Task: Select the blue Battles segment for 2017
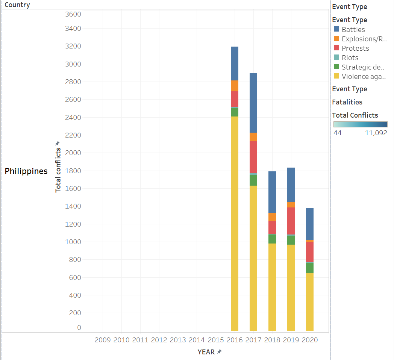point(253,103)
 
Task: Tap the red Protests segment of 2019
point(291,221)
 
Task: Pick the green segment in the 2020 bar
point(309,268)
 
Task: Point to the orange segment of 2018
point(272,217)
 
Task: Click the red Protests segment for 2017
point(253,157)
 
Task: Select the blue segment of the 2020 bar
point(309,224)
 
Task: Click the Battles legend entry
point(353,29)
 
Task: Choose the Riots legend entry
point(350,57)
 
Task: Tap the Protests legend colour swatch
point(336,48)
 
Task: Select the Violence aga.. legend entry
point(364,76)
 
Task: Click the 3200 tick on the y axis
point(73,46)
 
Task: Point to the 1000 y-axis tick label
point(73,242)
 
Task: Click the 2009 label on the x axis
point(102,340)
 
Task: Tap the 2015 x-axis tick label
point(215,340)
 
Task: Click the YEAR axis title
point(206,352)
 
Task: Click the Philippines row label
point(26,171)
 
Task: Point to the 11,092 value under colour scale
point(376,133)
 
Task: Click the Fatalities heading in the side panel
point(347,102)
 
